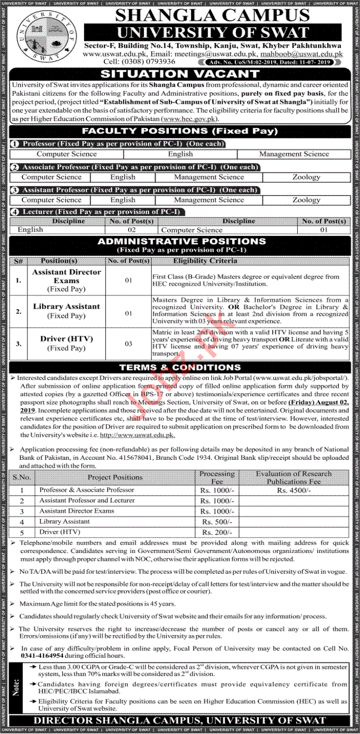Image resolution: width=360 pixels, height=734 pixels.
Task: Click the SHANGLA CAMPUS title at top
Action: (212, 14)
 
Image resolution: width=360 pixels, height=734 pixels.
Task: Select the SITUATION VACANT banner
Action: (181, 75)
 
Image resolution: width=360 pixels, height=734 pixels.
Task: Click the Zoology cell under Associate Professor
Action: (306, 177)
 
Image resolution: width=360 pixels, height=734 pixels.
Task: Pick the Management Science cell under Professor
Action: (294, 154)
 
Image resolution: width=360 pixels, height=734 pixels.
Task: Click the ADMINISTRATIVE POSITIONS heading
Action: (181, 241)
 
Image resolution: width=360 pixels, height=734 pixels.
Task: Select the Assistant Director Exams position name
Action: (67, 276)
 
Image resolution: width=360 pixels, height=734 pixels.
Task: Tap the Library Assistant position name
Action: (67, 307)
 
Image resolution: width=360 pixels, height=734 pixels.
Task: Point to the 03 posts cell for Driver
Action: (128, 344)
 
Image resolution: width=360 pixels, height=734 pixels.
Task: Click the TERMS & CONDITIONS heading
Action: (180, 367)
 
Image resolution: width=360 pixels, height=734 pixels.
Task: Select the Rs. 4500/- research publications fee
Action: (293, 490)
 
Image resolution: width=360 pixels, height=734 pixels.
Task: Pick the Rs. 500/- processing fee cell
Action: (217, 522)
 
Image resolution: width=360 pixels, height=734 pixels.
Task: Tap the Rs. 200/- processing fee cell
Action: (217, 533)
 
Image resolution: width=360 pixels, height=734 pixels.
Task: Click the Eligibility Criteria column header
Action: (206, 261)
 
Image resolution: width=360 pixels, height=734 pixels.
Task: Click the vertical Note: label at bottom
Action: (18, 687)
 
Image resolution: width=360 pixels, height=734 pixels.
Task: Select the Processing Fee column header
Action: (217, 477)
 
